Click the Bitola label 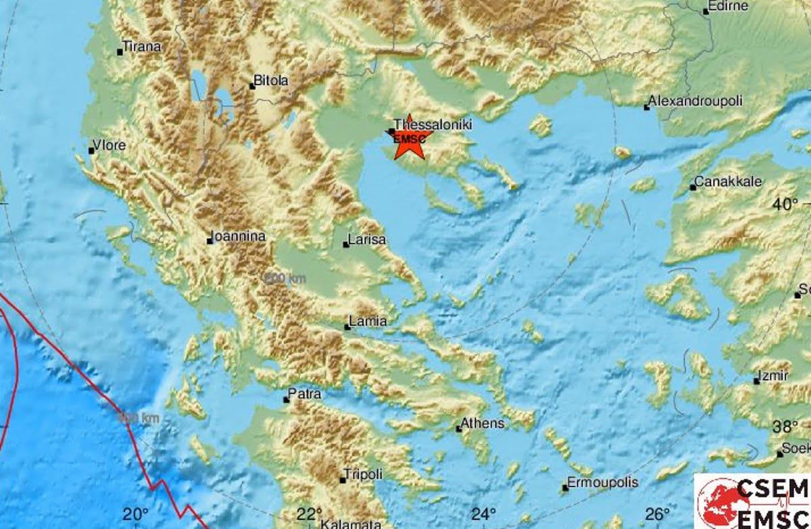pyautogui.click(x=272, y=80)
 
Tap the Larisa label pyautogui.click(x=367, y=240)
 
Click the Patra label pyautogui.click(x=305, y=395)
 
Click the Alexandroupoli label pyautogui.click(x=695, y=101)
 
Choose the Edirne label pyautogui.click(x=727, y=7)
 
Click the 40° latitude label pyautogui.click(x=786, y=204)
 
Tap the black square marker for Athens pyautogui.click(x=459, y=428)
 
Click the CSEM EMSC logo pyautogui.click(x=752, y=501)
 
